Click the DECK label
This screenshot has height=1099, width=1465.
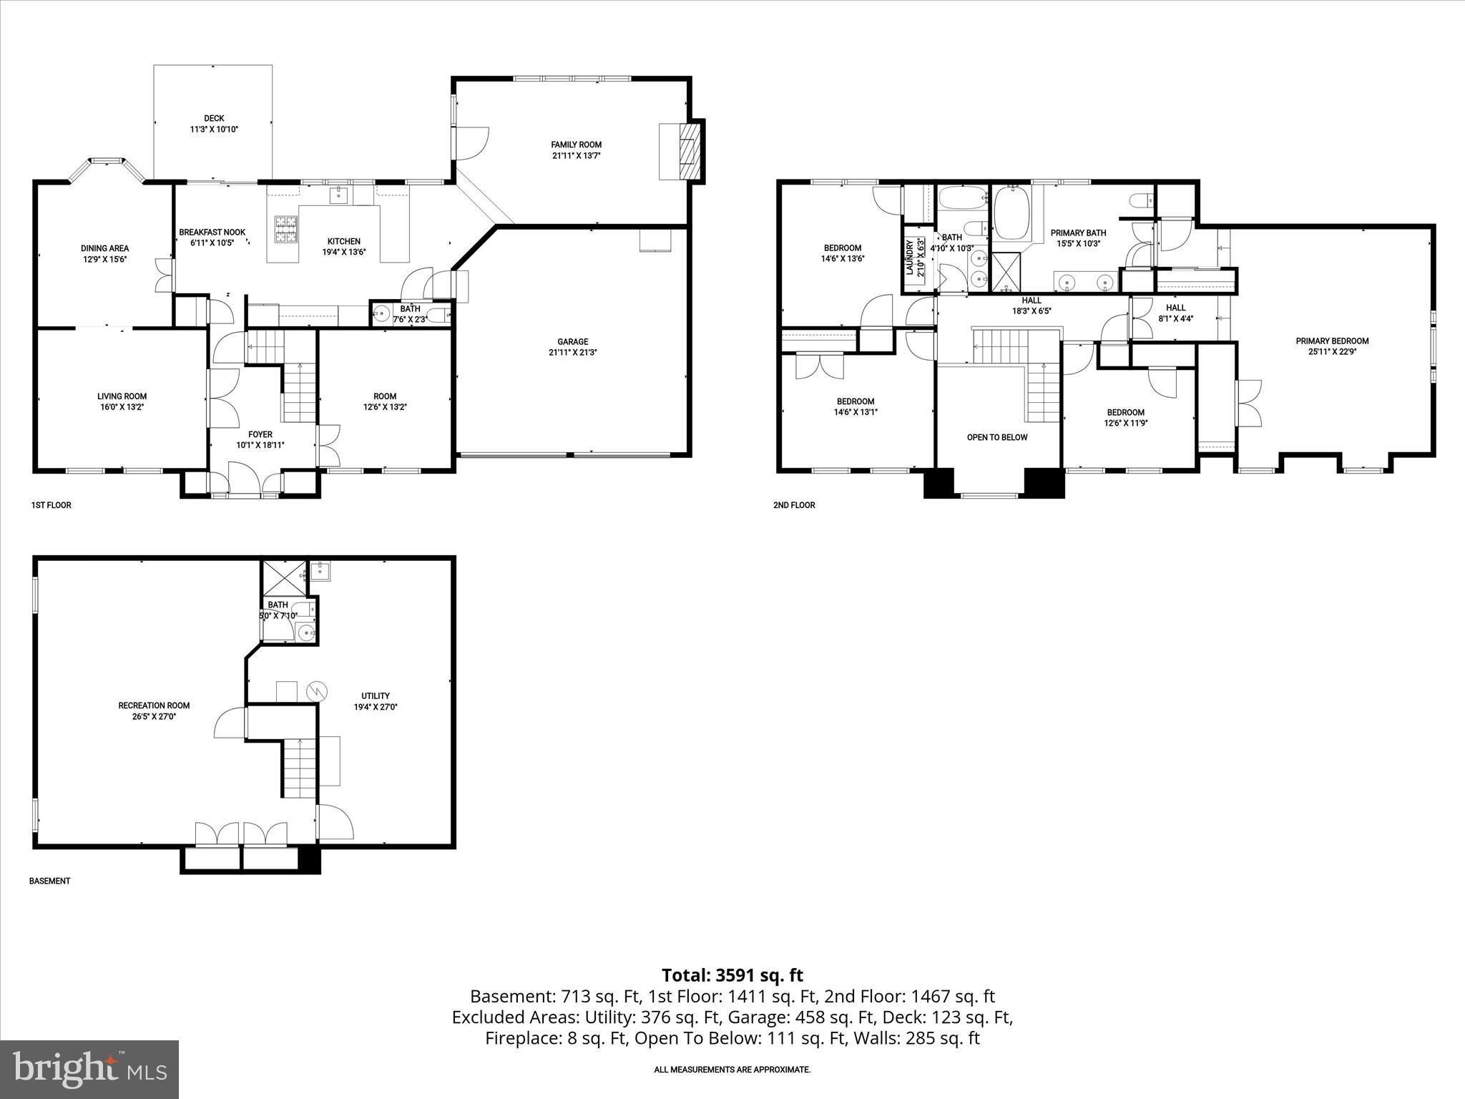214,118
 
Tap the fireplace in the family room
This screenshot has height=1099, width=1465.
689,152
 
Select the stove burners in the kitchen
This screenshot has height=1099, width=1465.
282,230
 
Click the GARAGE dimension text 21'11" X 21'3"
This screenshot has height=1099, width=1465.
572,352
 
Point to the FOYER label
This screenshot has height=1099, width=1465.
260,434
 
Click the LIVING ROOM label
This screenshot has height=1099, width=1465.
122,396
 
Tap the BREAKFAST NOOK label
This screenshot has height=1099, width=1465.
212,233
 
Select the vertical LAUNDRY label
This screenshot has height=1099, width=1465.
910,258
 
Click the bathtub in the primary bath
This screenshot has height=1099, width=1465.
1011,213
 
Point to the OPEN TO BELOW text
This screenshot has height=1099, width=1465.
996,437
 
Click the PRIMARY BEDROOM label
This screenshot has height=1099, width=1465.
1332,341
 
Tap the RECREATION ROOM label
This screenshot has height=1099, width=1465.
154,705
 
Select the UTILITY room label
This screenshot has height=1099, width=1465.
375,695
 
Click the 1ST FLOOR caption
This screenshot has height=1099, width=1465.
51,505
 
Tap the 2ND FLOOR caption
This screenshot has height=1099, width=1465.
794,505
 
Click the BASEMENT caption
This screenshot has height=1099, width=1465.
49,881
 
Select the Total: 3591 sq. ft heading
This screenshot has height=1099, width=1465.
732,975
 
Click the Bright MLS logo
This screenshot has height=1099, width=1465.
89,1069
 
